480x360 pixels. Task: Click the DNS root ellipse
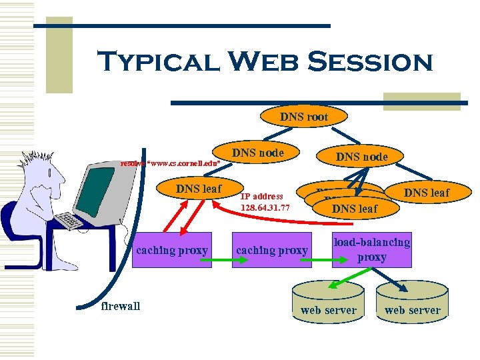(x=304, y=117)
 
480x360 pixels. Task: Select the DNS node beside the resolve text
(x=257, y=153)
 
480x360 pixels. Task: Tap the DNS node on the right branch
(x=361, y=157)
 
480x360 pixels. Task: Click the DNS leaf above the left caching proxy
(x=198, y=189)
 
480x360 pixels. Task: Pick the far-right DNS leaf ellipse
(x=427, y=193)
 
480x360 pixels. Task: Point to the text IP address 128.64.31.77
(x=265, y=202)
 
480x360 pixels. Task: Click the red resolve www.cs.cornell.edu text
(x=169, y=163)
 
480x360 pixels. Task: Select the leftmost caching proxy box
(x=171, y=250)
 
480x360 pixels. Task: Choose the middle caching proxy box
(x=272, y=250)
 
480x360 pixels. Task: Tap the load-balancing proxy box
(x=371, y=250)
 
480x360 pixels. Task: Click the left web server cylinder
(x=328, y=299)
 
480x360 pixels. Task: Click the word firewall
(x=120, y=306)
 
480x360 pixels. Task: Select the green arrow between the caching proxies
(x=221, y=251)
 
